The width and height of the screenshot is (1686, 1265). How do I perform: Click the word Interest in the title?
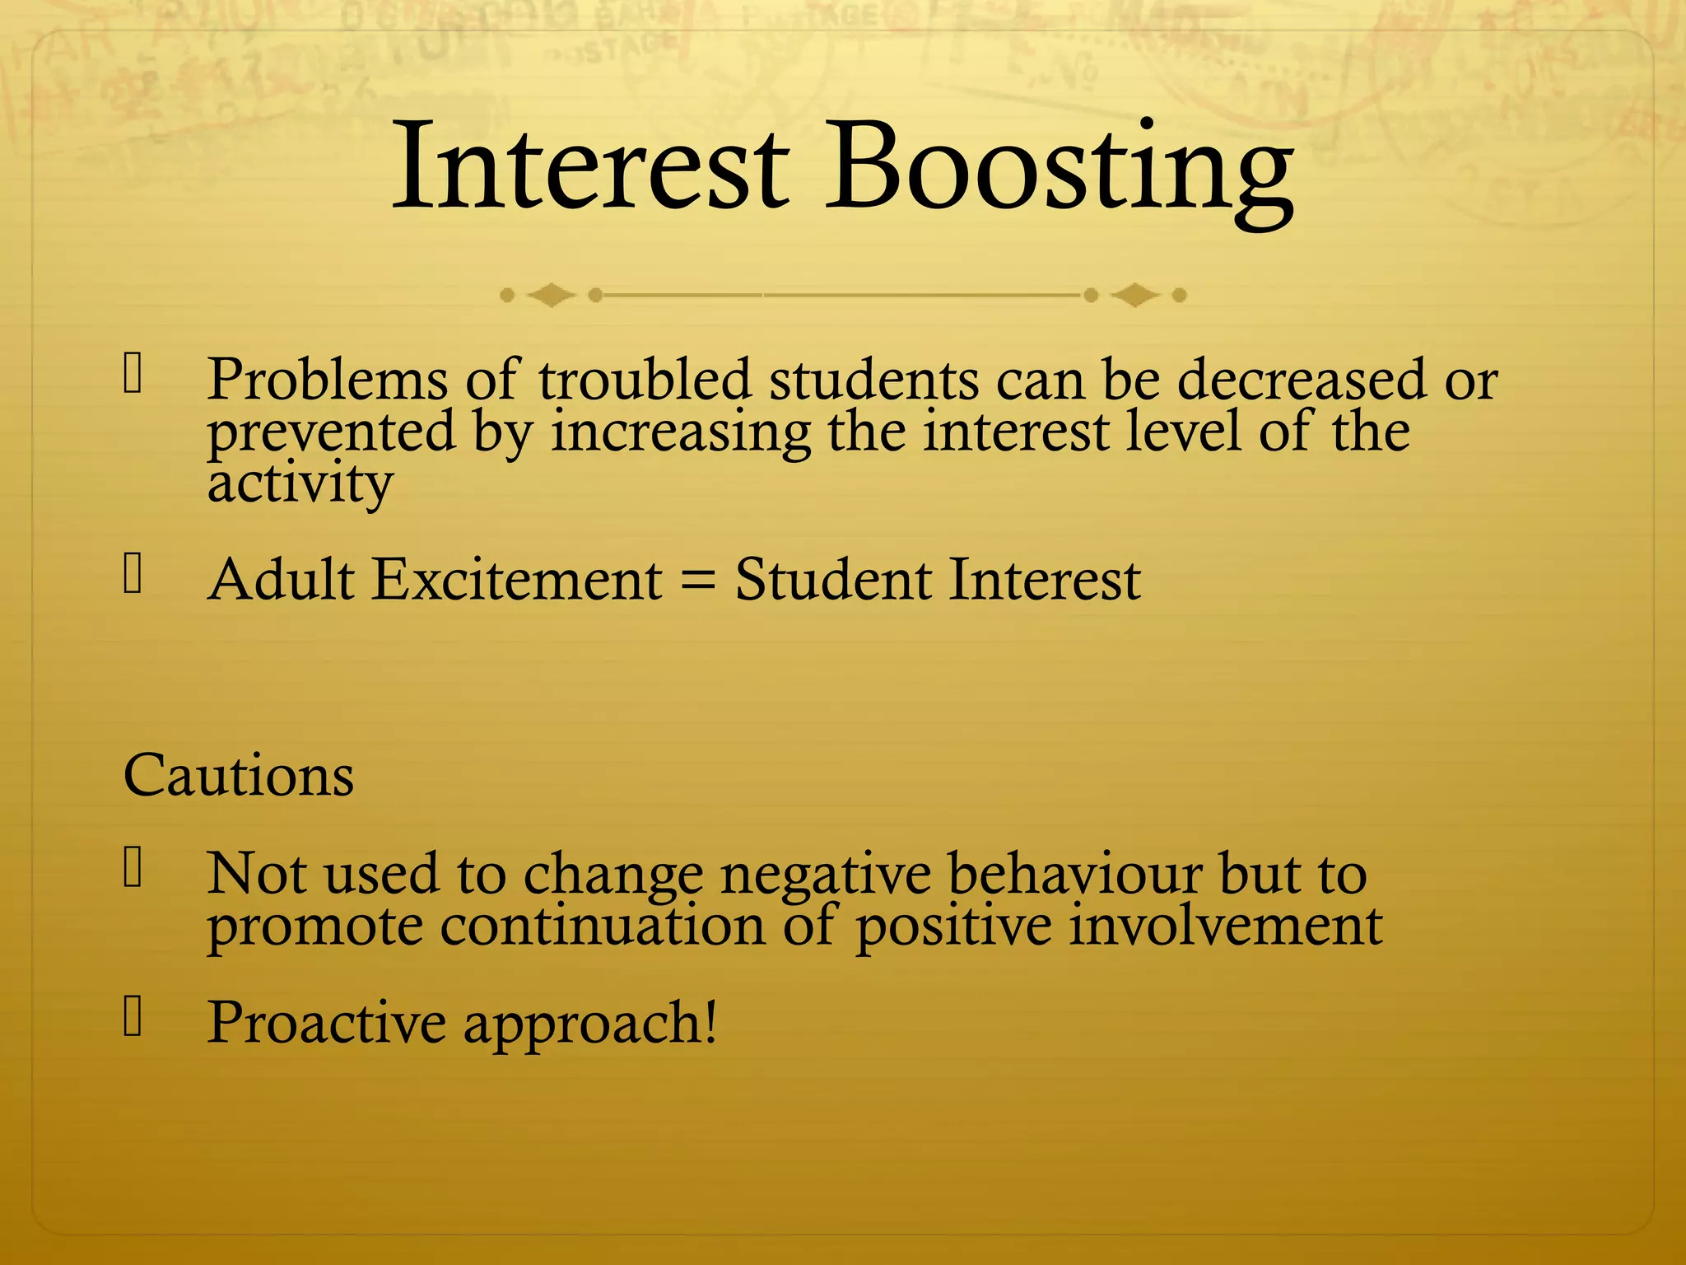point(590,167)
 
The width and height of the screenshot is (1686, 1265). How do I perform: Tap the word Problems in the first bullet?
point(327,380)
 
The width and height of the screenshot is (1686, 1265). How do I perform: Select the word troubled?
point(645,380)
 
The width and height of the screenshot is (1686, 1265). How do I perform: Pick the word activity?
point(300,484)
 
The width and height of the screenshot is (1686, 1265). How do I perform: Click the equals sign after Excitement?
point(698,580)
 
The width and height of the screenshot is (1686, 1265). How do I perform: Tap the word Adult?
point(281,580)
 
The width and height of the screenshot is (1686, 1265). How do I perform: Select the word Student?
point(832,580)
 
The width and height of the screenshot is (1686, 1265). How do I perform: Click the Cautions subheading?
point(239,776)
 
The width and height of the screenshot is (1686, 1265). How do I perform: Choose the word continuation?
point(603,926)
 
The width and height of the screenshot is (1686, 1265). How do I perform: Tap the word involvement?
point(1226,926)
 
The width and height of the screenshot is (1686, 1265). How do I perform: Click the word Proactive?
point(326,1023)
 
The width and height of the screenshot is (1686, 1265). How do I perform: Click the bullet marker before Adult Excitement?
point(133,574)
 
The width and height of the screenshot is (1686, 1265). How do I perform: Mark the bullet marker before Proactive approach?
point(133,1015)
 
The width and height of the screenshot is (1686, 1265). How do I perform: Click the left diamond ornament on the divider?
point(551,295)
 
